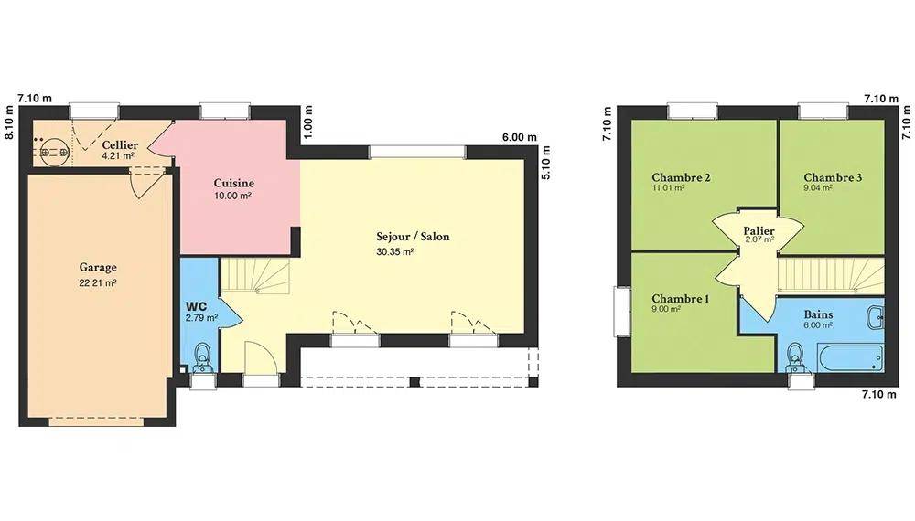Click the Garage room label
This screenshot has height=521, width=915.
98,268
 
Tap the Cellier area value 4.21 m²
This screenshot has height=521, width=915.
118,156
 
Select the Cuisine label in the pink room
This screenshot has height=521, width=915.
234,183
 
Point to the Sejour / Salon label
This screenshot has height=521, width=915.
413,237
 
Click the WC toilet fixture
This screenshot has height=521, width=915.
202,356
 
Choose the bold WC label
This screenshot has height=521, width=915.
196,306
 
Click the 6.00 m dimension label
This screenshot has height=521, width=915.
520,137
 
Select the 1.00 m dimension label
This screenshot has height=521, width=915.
308,122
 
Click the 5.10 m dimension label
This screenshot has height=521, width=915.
546,163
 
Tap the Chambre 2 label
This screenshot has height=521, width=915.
681,177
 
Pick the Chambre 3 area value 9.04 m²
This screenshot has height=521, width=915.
817,188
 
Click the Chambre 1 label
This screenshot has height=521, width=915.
681,299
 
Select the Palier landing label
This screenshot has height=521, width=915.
759,230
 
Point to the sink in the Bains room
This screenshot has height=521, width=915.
876,318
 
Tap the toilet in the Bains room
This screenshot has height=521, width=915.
795,356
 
